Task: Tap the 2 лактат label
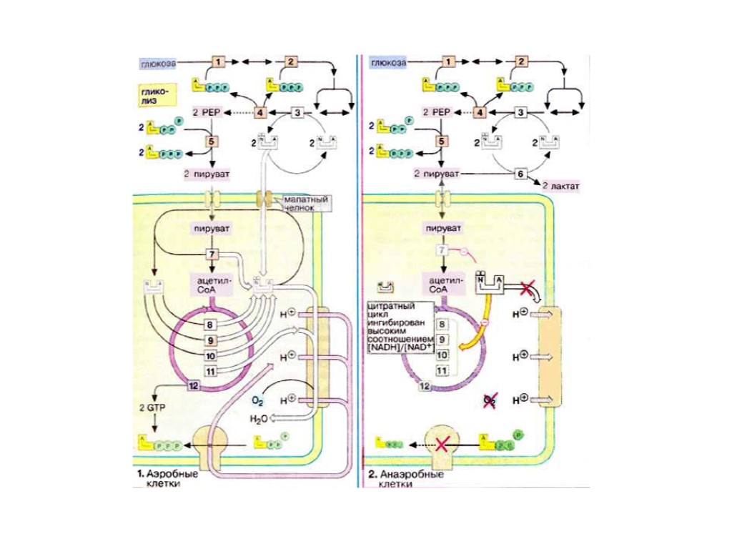point(559,187)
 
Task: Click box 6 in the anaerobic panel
point(520,174)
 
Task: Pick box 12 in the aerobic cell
point(193,386)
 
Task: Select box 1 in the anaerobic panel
point(449,62)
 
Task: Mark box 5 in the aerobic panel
point(212,142)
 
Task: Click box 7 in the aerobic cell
point(212,254)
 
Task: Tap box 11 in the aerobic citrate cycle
point(211,371)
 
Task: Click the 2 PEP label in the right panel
point(436,112)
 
